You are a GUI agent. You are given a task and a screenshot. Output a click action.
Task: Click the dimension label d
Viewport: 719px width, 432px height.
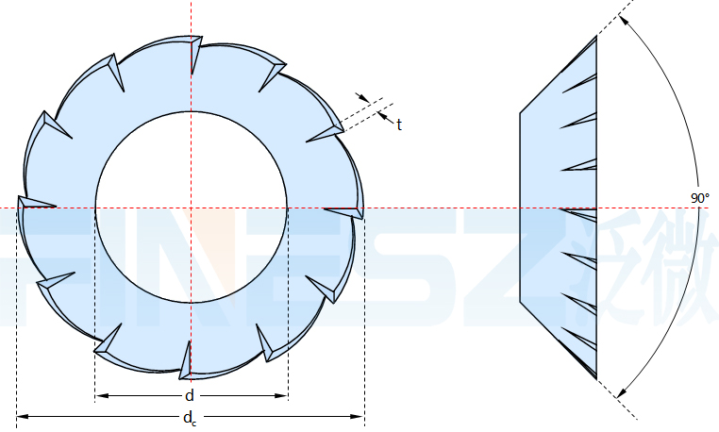click(x=190, y=395)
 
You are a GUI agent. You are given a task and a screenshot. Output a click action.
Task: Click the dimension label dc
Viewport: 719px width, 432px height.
click(x=190, y=418)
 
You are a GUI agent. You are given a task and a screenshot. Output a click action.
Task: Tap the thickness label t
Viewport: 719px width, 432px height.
click(x=399, y=125)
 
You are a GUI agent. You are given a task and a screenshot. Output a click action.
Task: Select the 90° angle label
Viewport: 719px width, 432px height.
click(x=700, y=198)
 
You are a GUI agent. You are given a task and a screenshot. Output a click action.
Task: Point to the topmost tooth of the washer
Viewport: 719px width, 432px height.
click(x=195, y=53)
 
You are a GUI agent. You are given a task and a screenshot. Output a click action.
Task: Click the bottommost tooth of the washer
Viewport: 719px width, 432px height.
click(x=186, y=362)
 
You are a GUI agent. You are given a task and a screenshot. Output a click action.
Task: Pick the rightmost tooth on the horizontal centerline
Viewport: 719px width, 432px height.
click(x=347, y=212)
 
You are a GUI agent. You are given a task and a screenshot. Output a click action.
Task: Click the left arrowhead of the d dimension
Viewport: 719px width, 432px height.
click(x=101, y=395)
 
